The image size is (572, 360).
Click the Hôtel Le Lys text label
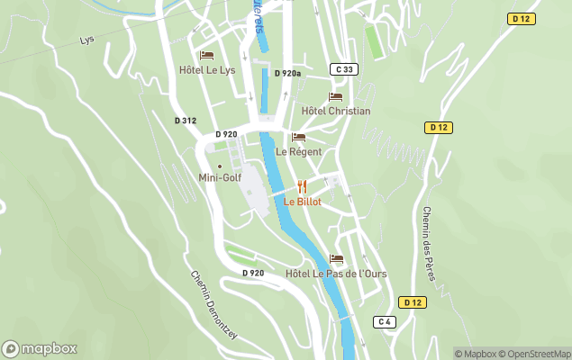[x=207, y=69]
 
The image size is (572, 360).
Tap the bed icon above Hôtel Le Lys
[x=206, y=56]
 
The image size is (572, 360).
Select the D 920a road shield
[x=288, y=74]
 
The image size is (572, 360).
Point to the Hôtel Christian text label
[x=336, y=111]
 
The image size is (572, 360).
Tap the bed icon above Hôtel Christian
[x=336, y=97]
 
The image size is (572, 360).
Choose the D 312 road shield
[x=185, y=120]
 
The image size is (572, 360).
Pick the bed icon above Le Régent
[x=299, y=138]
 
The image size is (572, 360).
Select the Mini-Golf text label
[x=220, y=177]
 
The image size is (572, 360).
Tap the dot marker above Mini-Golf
[x=219, y=166]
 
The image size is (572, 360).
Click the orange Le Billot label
[x=302, y=202]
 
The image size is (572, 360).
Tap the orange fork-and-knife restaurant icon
[x=302, y=187]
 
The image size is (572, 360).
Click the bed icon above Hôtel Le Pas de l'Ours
[x=336, y=259]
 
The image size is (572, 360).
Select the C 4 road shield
[x=385, y=321]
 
